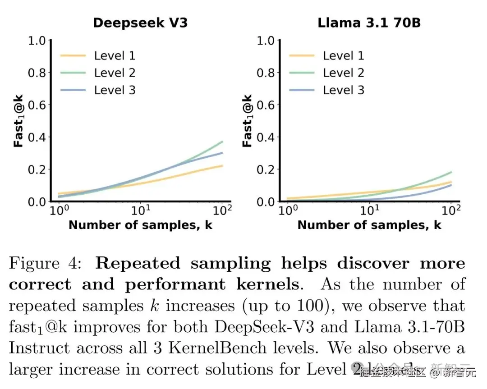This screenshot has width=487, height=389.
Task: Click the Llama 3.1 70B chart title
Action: [x=369, y=23]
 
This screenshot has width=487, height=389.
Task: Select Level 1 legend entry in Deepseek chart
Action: [x=115, y=56]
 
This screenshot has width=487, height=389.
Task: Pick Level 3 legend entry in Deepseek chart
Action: [x=115, y=90]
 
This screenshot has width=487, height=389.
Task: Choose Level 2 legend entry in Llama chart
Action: [x=343, y=73]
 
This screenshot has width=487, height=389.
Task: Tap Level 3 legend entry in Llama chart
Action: [x=343, y=90]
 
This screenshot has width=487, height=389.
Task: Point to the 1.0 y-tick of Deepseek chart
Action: [x=37, y=41]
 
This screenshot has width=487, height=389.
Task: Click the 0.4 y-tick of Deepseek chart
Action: [x=37, y=137]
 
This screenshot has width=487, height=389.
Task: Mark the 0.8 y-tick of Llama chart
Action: [x=266, y=73]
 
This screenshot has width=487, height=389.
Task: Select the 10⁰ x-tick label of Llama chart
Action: [x=288, y=211]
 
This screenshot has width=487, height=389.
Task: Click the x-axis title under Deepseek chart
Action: [x=140, y=225]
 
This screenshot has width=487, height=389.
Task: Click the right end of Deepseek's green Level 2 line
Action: [x=222, y=142]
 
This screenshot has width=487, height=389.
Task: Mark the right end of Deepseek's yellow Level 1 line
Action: [x=222, y=166]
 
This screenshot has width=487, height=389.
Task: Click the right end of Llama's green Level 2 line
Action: [x=451, y=172]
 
